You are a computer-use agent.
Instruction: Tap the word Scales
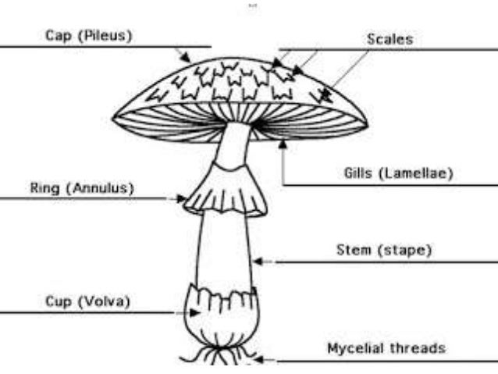click(x=390, y=37)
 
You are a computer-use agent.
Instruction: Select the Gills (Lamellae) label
click(x=398, y=173)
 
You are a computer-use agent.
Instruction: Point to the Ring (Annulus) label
click(x=82, y=188)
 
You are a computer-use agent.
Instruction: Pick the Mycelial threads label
click(x=386, y=347)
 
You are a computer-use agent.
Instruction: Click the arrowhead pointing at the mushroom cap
click(x=187, y=59)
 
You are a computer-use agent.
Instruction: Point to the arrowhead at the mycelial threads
click(x=260, y=361)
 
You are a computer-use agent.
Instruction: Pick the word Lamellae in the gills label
click(x=415, y=173)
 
